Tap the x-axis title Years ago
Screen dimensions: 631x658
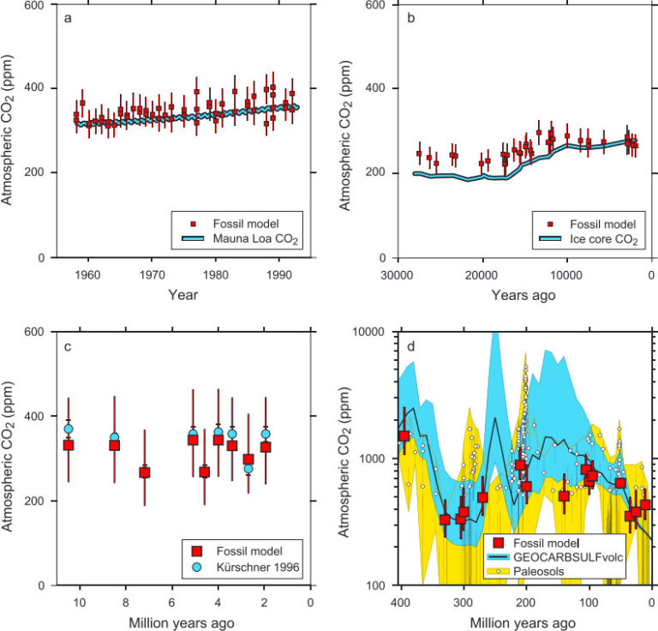(x=524, y=294)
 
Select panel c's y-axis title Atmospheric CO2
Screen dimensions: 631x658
(x=15, y=458)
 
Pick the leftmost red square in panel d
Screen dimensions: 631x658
(x=404, y=436)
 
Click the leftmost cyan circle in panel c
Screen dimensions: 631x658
(x=69, y=429)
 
